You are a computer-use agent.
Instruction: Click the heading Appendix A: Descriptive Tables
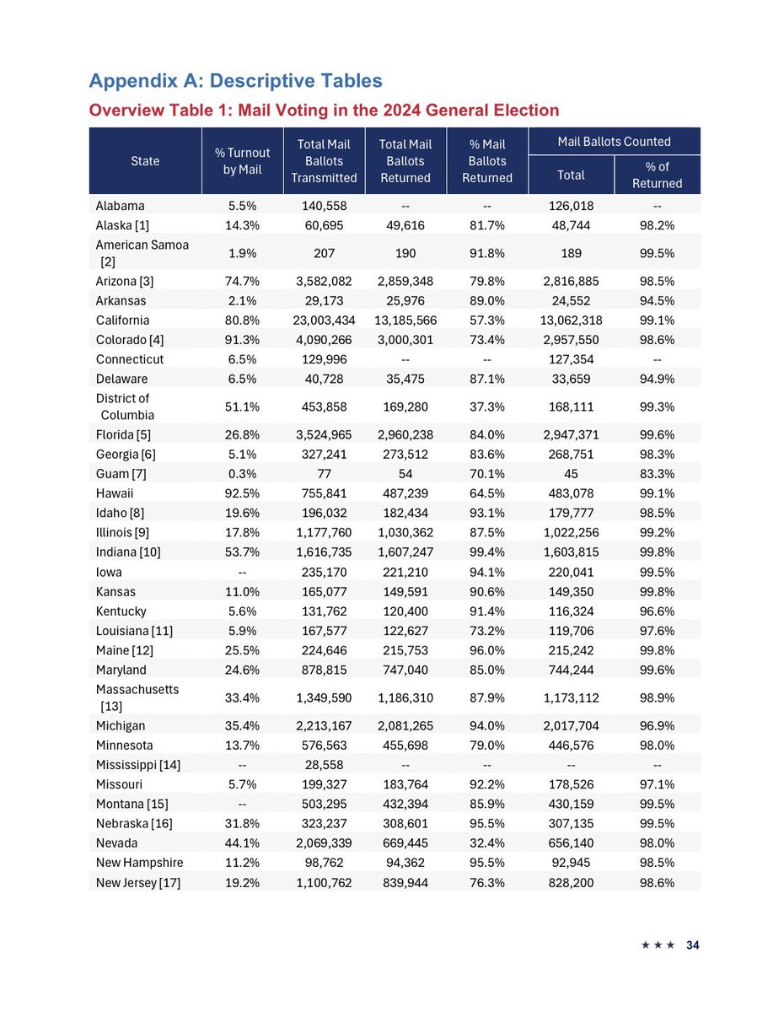235,81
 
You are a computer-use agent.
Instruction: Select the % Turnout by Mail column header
242,161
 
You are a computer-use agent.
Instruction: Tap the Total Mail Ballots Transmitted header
324,161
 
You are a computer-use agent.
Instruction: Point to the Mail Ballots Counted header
614,142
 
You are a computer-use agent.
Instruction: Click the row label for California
122,320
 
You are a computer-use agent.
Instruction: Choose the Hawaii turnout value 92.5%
242,475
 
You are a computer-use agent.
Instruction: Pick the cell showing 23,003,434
324,320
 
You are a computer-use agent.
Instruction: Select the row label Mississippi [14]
138,765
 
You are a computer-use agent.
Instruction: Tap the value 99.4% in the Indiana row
486,552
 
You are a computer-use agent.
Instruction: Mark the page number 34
692,945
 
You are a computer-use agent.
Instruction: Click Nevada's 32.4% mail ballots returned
486,842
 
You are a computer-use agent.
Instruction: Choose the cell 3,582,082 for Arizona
324,282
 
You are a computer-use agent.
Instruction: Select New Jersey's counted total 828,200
571,881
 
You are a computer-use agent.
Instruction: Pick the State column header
145,161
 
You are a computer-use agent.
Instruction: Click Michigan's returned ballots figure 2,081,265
405,726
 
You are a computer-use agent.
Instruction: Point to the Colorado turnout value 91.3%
242,340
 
